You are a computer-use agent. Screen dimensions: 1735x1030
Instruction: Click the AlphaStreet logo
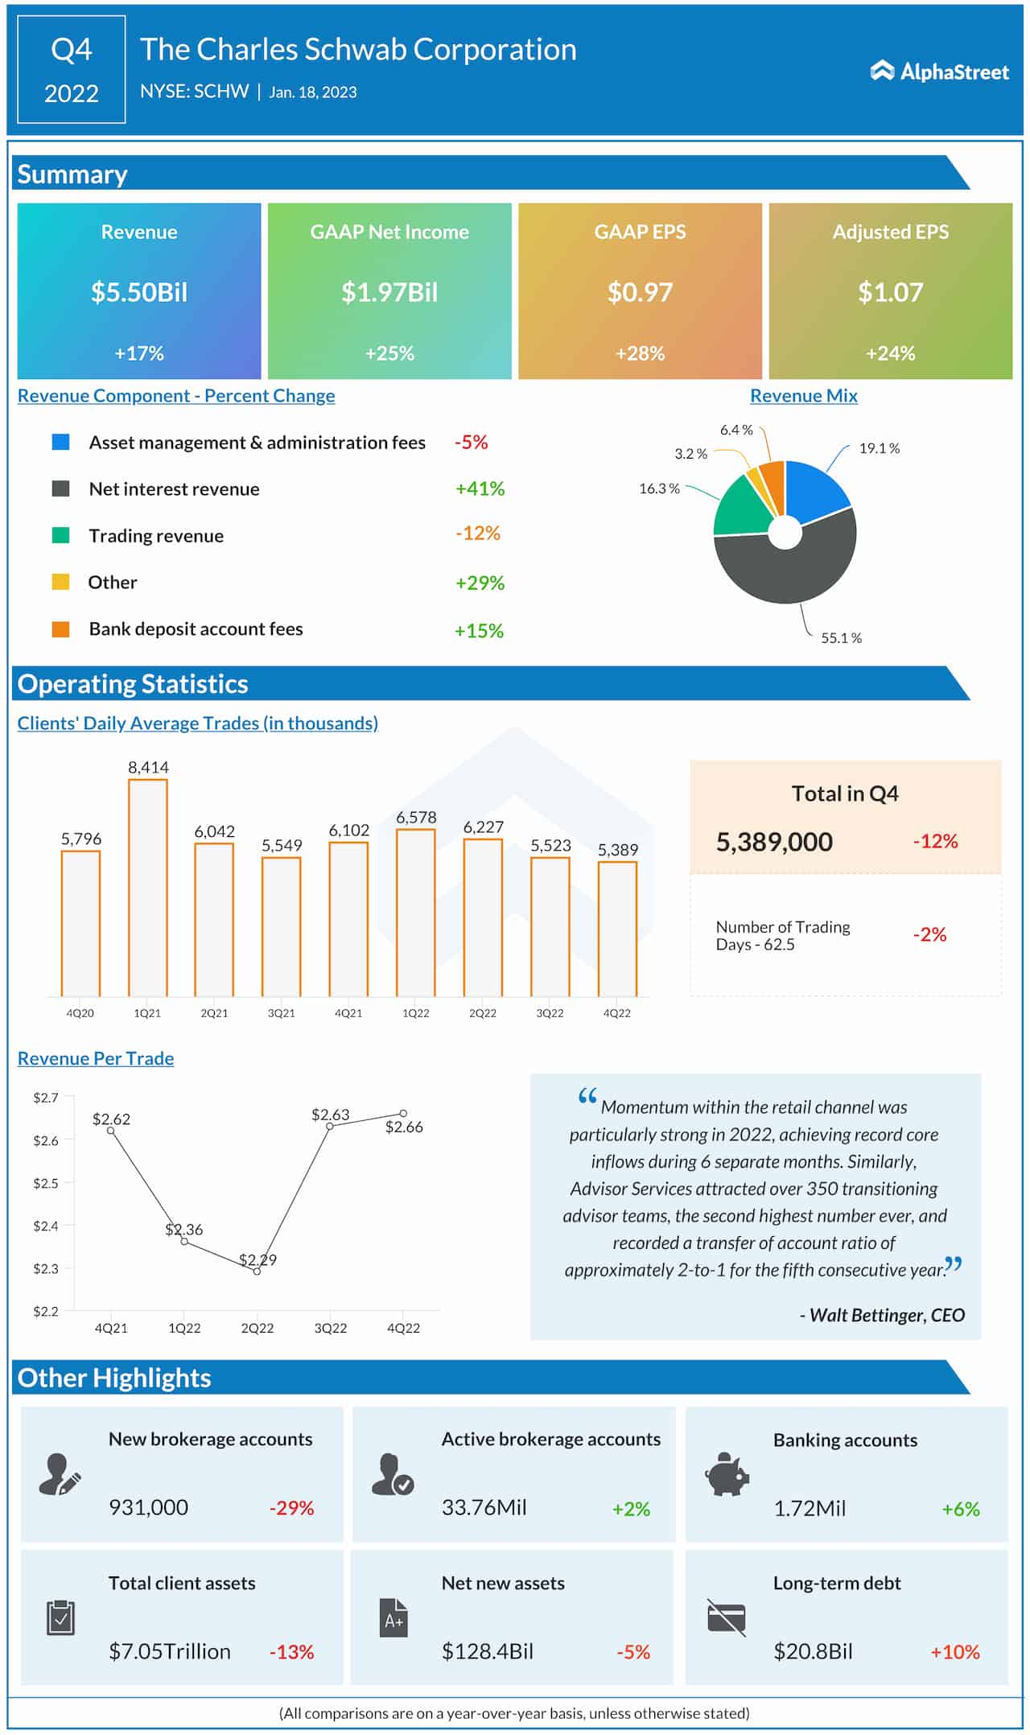939,72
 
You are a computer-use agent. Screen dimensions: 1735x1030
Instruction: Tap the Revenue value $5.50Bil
139,292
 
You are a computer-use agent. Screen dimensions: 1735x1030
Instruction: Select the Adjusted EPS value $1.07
890,292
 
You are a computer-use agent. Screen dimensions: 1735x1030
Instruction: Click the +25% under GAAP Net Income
389,353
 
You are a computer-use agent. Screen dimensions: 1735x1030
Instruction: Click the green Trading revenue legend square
61,535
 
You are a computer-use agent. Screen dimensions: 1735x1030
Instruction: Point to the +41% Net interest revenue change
480,488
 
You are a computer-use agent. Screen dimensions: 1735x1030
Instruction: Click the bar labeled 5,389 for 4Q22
617,929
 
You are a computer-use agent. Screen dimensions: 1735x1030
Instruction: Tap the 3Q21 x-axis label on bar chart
282,1013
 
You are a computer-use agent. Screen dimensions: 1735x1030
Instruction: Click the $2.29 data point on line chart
257,1271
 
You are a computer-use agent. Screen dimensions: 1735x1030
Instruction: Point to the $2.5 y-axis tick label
46,1183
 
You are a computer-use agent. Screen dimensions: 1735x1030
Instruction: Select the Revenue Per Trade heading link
96,1058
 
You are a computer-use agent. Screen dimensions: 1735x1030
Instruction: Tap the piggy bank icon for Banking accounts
727,1474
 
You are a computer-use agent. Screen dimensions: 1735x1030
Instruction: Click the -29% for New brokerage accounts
291,1508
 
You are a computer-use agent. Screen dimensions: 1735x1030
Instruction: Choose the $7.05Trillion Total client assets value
170,1651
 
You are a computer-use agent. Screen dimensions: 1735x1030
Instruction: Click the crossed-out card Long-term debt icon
727,1618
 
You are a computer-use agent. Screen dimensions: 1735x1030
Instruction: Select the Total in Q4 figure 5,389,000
774,842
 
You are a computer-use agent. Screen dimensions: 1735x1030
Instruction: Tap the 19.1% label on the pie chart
879,448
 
